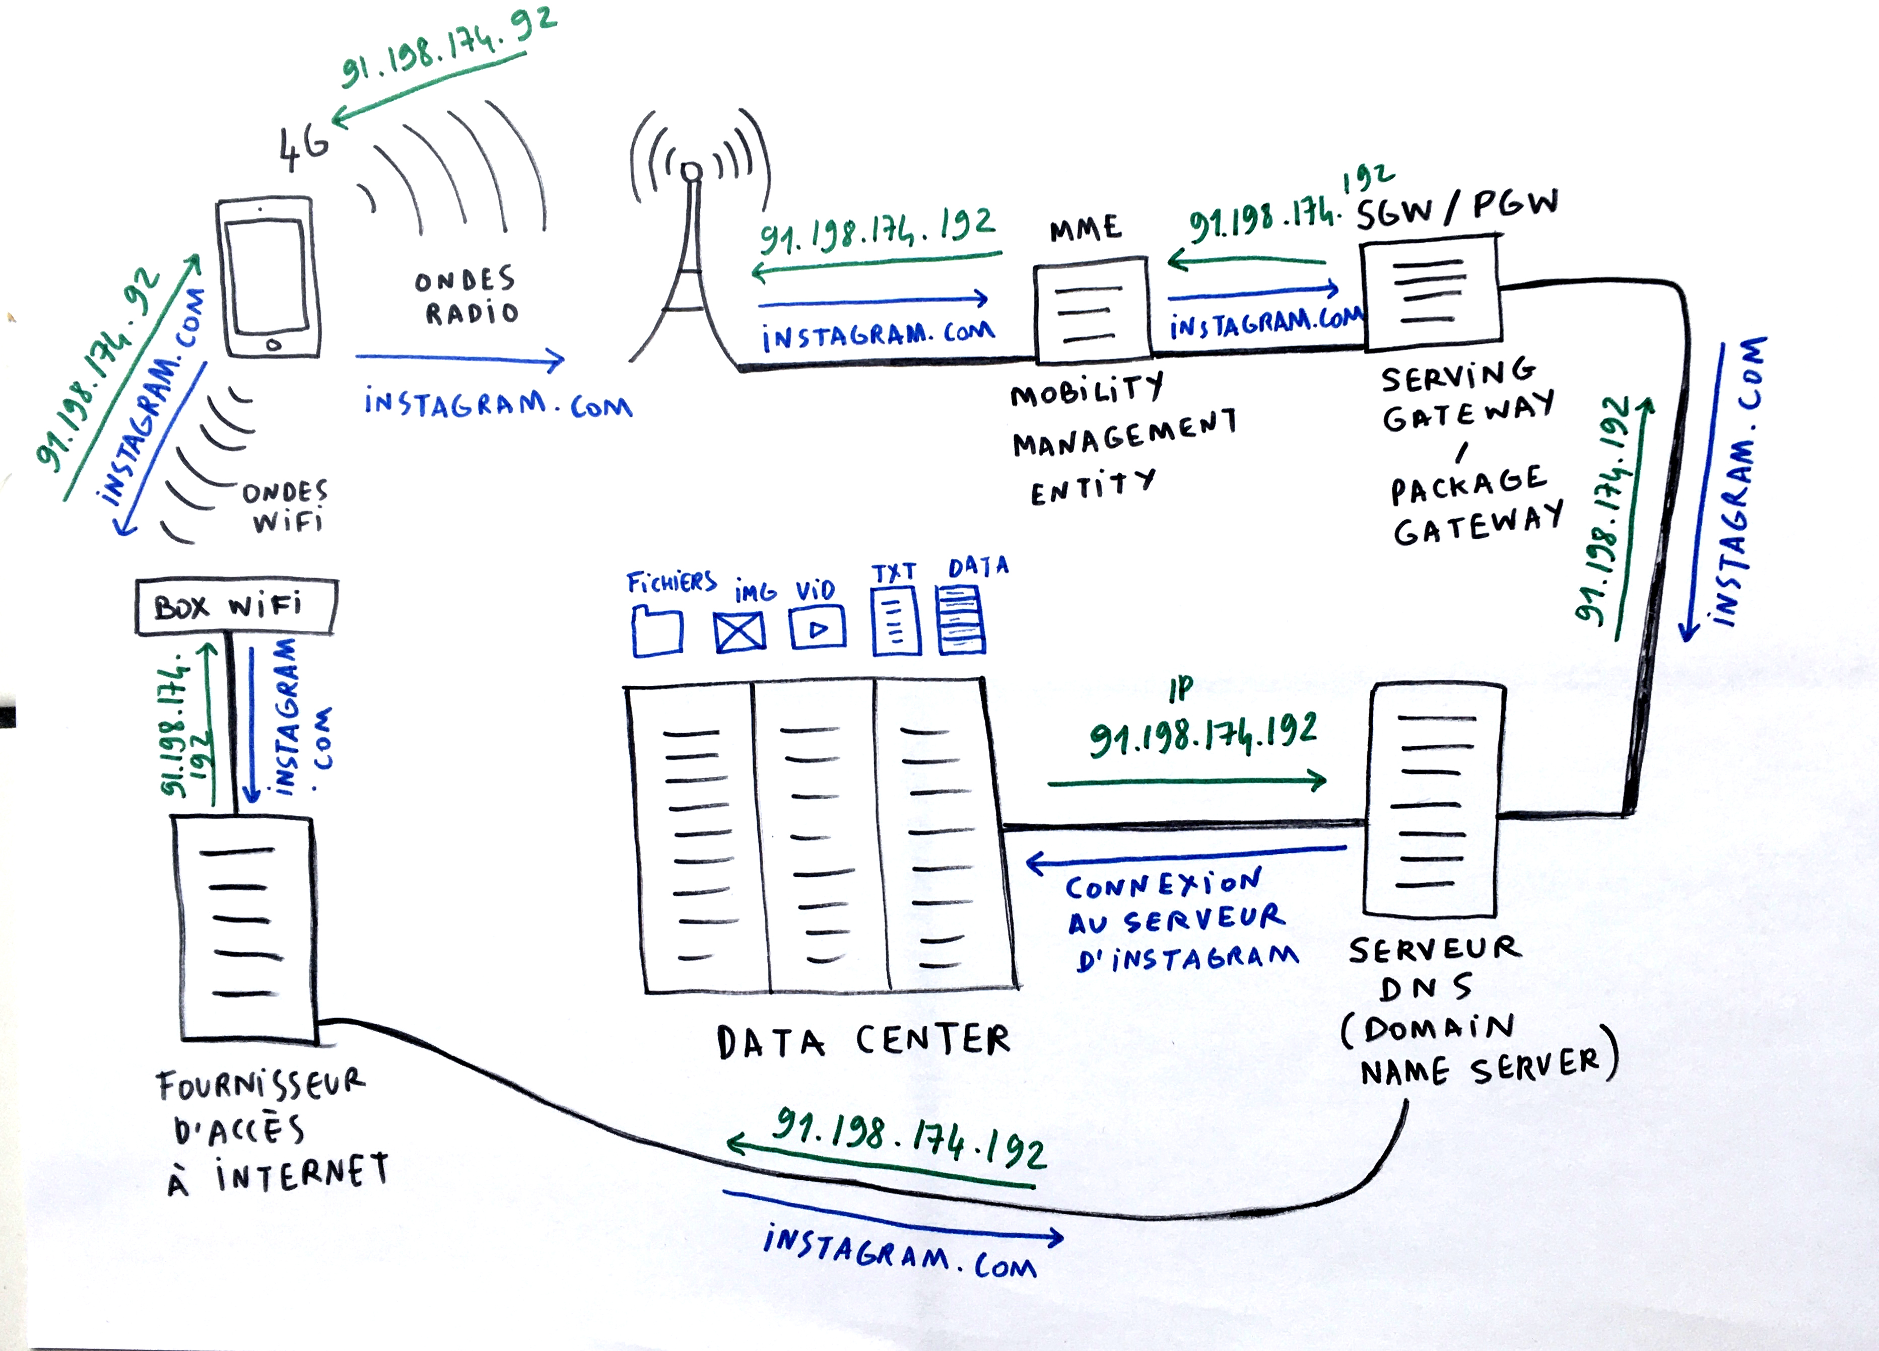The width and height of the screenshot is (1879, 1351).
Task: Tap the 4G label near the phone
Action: pos(303,149)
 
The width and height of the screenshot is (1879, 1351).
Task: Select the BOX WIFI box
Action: pos(236,606)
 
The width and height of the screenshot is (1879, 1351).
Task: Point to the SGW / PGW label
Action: pos(1456,210)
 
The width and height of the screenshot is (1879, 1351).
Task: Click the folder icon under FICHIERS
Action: pos(657,632)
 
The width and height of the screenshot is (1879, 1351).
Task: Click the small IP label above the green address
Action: pos(1181,689)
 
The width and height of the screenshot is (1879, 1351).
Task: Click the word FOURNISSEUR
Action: pos(260,1084)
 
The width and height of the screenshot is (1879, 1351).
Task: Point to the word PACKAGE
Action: pos(1468,484)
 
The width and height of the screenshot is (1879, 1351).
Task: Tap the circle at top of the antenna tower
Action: pos(691,172)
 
